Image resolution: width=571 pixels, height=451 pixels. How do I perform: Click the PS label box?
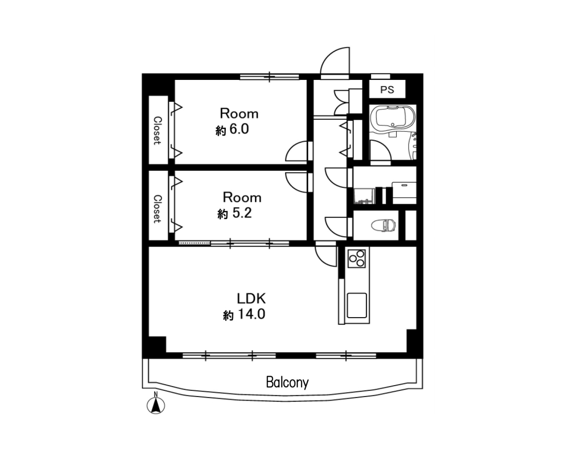(387, 89)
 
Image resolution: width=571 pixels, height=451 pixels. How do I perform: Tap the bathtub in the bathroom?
(392, 118)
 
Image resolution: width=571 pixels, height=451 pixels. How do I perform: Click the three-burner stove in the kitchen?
(357, 258)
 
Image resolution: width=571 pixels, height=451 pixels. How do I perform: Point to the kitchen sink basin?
(357, 305)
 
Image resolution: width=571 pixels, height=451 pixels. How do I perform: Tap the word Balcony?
(288, 382)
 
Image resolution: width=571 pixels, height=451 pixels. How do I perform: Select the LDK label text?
(251, 298)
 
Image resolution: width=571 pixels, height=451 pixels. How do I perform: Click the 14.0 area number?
(252, 314)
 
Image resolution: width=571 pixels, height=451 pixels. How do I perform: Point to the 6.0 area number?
(239, 129)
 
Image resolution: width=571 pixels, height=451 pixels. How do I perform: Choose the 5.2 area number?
(242, 213)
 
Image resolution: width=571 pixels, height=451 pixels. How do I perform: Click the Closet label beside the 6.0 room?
(157, 130)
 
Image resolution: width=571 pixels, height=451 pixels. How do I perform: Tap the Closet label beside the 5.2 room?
(157, 209)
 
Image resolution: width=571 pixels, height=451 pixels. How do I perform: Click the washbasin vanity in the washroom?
(404, 193)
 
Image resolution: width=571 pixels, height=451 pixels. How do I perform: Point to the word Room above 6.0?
(239, 114)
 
